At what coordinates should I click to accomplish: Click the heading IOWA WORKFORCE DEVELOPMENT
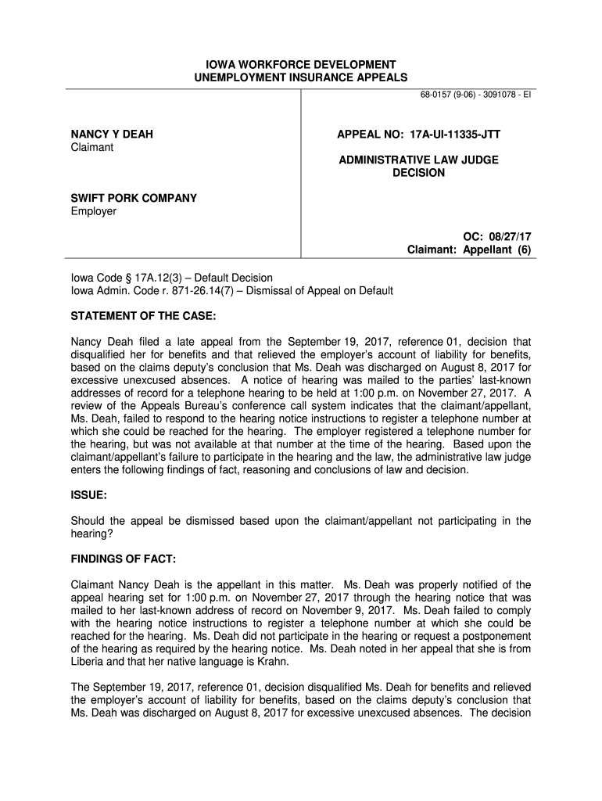301,64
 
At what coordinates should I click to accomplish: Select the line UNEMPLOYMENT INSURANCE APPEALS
301,77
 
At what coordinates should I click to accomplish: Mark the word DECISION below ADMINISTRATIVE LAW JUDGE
418,173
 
